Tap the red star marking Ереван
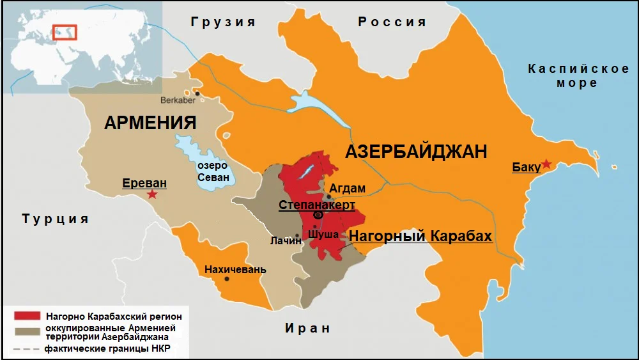point(152,194)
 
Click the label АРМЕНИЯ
point(150,123)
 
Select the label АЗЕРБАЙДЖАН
point(416,152)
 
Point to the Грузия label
point(223,22)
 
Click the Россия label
point(392,22)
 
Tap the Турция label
point(55,219)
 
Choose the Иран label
point(307,329)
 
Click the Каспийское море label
point(578,75)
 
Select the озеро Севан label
point(213,171)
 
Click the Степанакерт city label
point(316,205)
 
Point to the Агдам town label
point(347,188)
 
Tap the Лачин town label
point(285,240)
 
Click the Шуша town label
point(323,235)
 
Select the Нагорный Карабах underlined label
point(420,237)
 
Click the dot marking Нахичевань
point(228,279)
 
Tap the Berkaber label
point(178,100)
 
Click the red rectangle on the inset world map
point(65,32)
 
